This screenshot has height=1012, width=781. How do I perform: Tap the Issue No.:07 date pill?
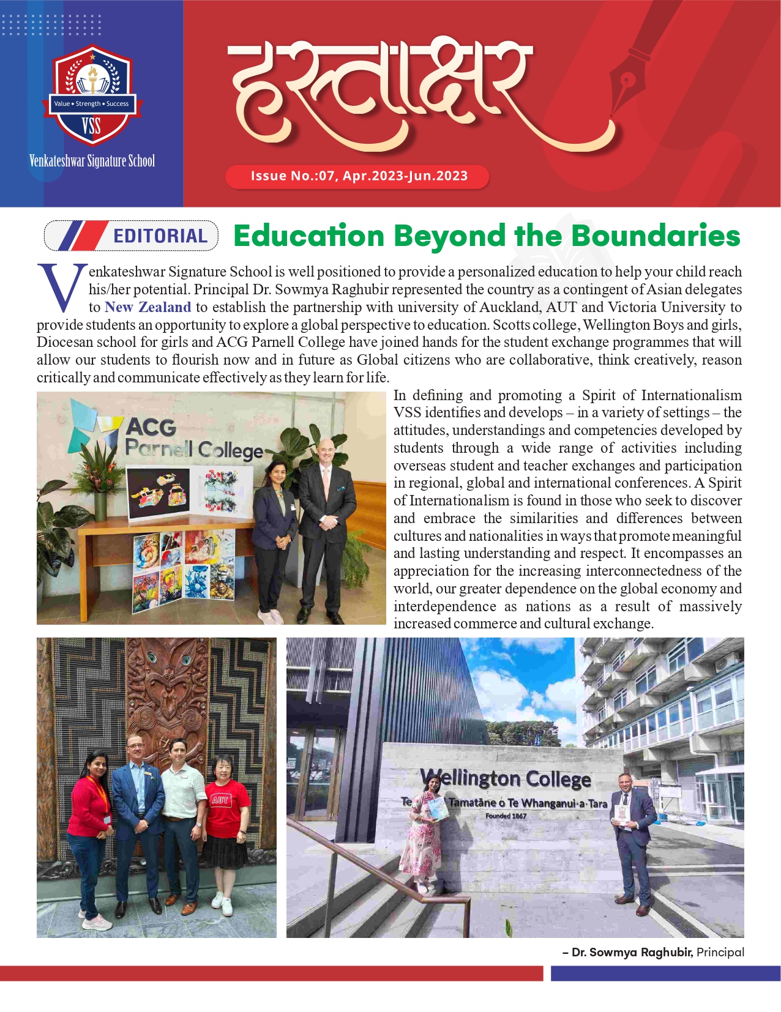[358, 176]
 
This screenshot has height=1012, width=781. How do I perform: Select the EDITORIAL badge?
[131, 236]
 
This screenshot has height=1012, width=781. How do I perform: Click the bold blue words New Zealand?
[148, 307]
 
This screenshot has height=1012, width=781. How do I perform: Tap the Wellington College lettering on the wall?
[506, 779]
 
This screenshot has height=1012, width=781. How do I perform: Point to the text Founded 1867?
[506, 816]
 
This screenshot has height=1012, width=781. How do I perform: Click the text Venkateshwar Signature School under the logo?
[92, 161]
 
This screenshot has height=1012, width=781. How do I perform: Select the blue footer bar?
[665, 973]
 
